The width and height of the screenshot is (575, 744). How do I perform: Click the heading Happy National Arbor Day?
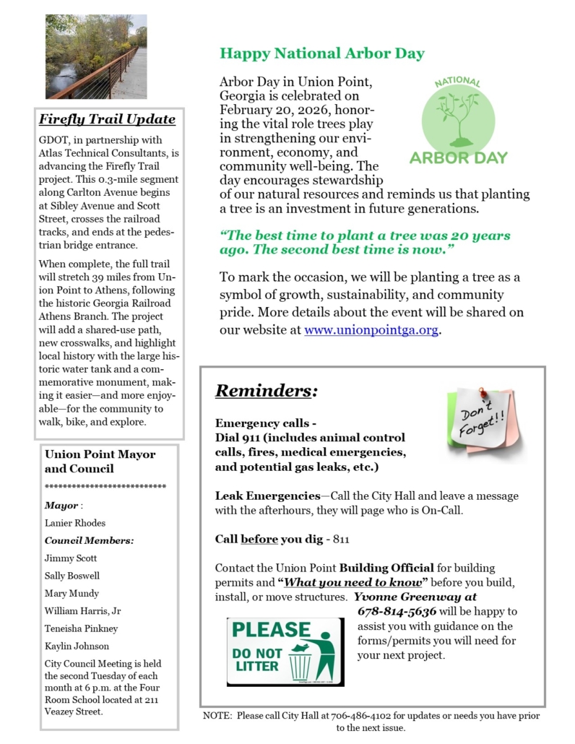pyautogui.click(x=322, y=53)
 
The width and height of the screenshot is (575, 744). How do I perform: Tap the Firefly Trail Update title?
pyautogui.click(x=107, y=119)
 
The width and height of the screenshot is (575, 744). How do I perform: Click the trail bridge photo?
pyautogui.click(x=95, y=56)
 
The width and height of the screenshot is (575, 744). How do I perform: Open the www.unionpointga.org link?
pyautogui.click(x=371, y=330)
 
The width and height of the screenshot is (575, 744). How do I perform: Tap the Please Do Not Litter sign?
pyautogui.click(x=285, y=651)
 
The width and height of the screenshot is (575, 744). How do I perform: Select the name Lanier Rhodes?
pyautogui.click(x=74, y=523)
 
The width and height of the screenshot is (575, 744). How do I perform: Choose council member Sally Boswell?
pyautogui.click(x=72, y=576)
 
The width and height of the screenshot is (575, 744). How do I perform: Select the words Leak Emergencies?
pyautogui.click(x=267, y=496)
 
